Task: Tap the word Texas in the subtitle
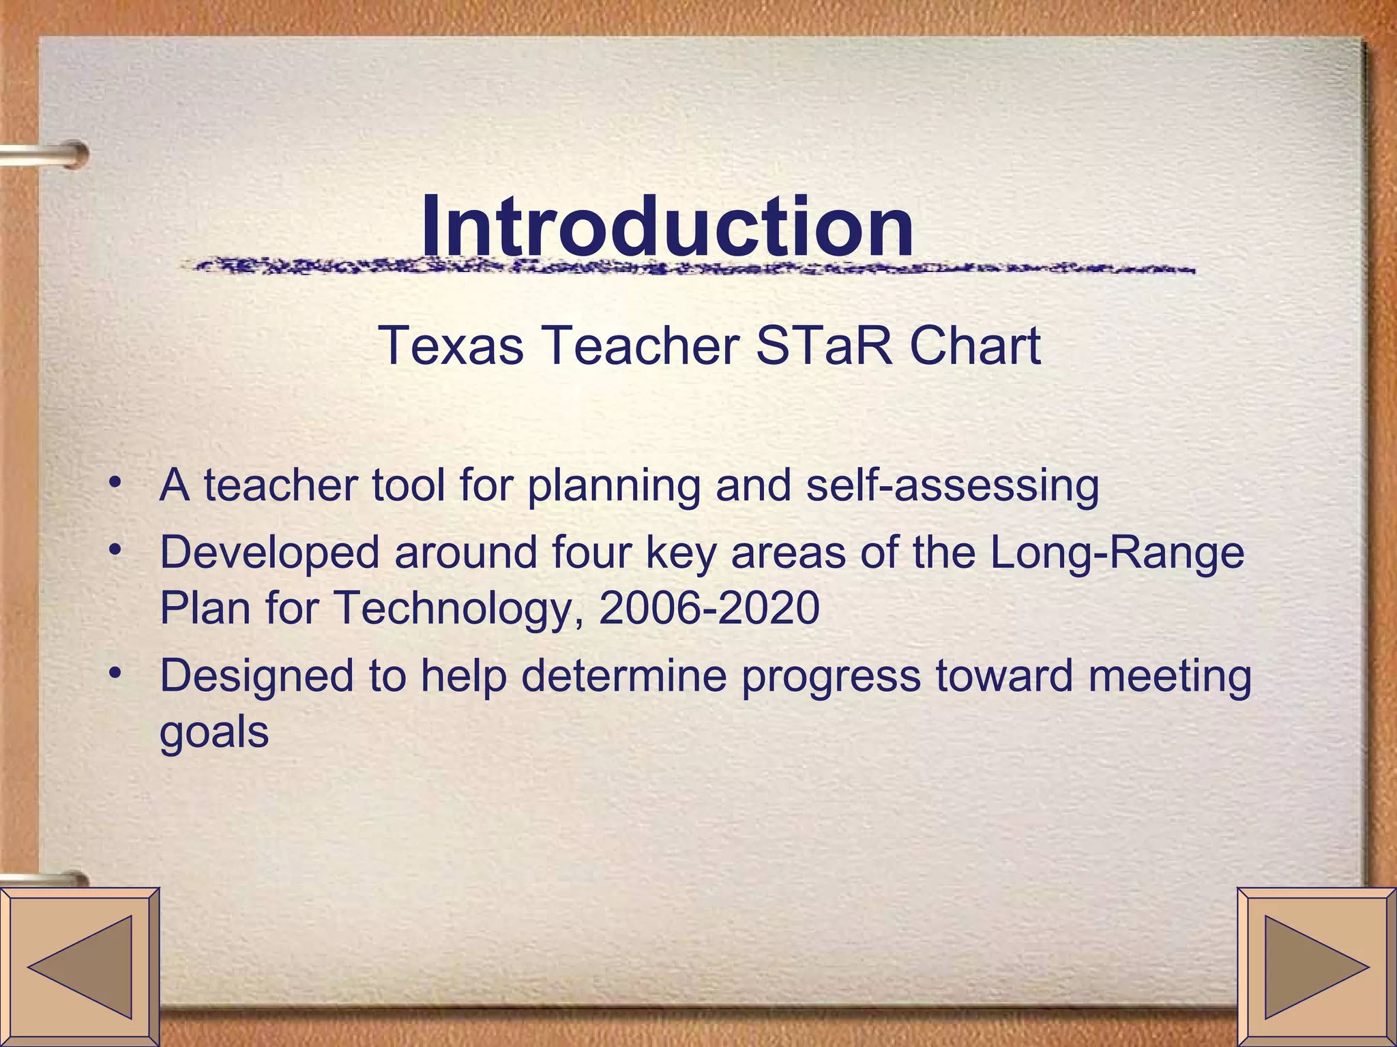(x=451, y=346)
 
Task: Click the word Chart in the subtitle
(x=975, y=346)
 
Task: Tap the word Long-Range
(x=1117, y=552)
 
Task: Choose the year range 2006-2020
(x=709, y=607)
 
